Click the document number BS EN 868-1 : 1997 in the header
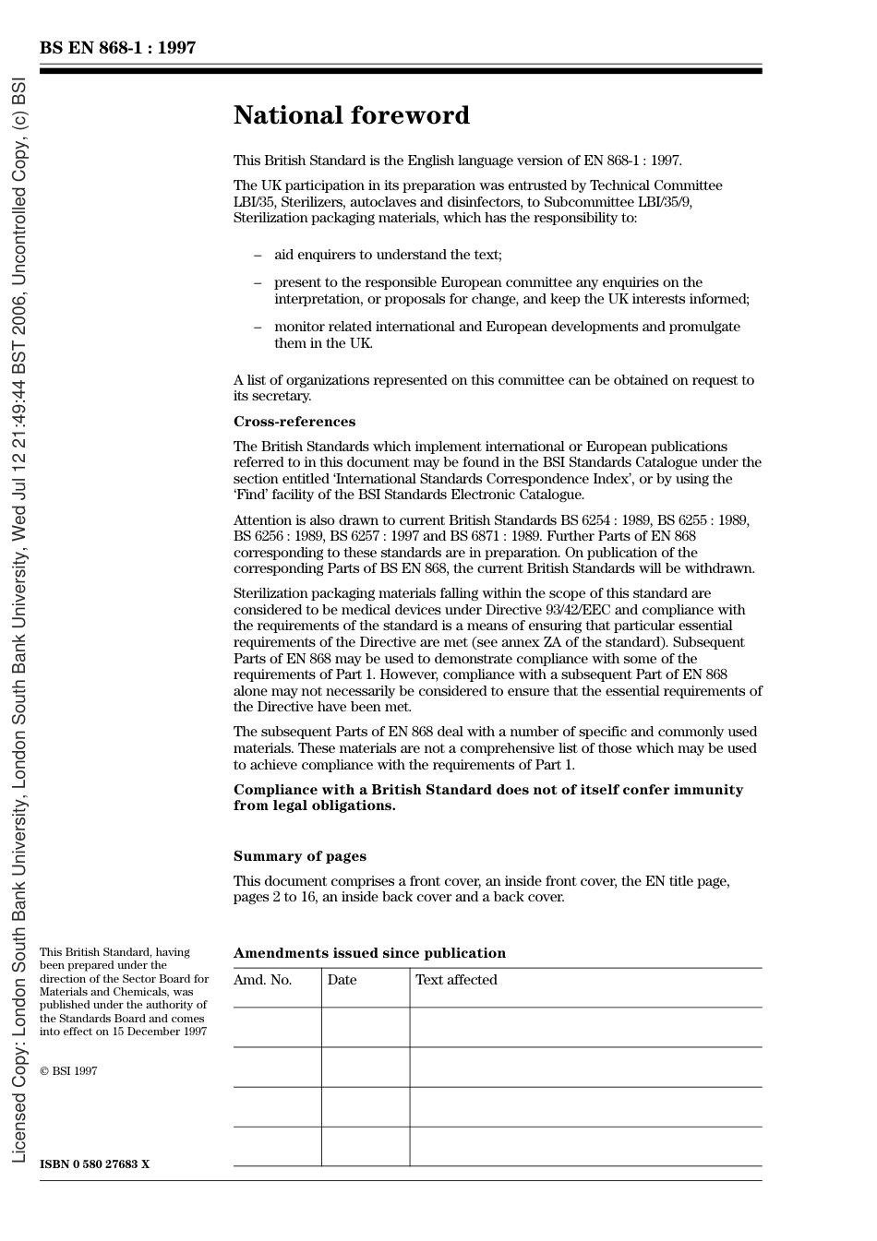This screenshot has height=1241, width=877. [x=117, y=48]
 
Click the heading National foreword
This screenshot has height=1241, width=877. [x=351, y=115]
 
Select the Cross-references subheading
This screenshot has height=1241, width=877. [x=294, y=422]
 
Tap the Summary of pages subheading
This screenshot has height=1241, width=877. [x=299, y=856]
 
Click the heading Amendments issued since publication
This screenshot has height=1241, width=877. [x=369, y=953]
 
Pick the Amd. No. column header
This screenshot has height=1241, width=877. [x=262, y=980]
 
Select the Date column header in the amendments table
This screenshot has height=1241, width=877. [x=342, y=980]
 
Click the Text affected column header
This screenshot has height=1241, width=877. [x=456, y=980]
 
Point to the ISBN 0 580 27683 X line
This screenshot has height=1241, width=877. [x=94, y=1164]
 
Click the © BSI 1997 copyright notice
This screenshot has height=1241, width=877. [x=68, y=1071]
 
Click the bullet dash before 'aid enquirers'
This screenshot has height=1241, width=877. [x=258, y=256]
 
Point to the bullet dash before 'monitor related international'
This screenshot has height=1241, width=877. [x=258, y=328]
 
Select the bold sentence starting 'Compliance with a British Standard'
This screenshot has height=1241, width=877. [x=487, y=797]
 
